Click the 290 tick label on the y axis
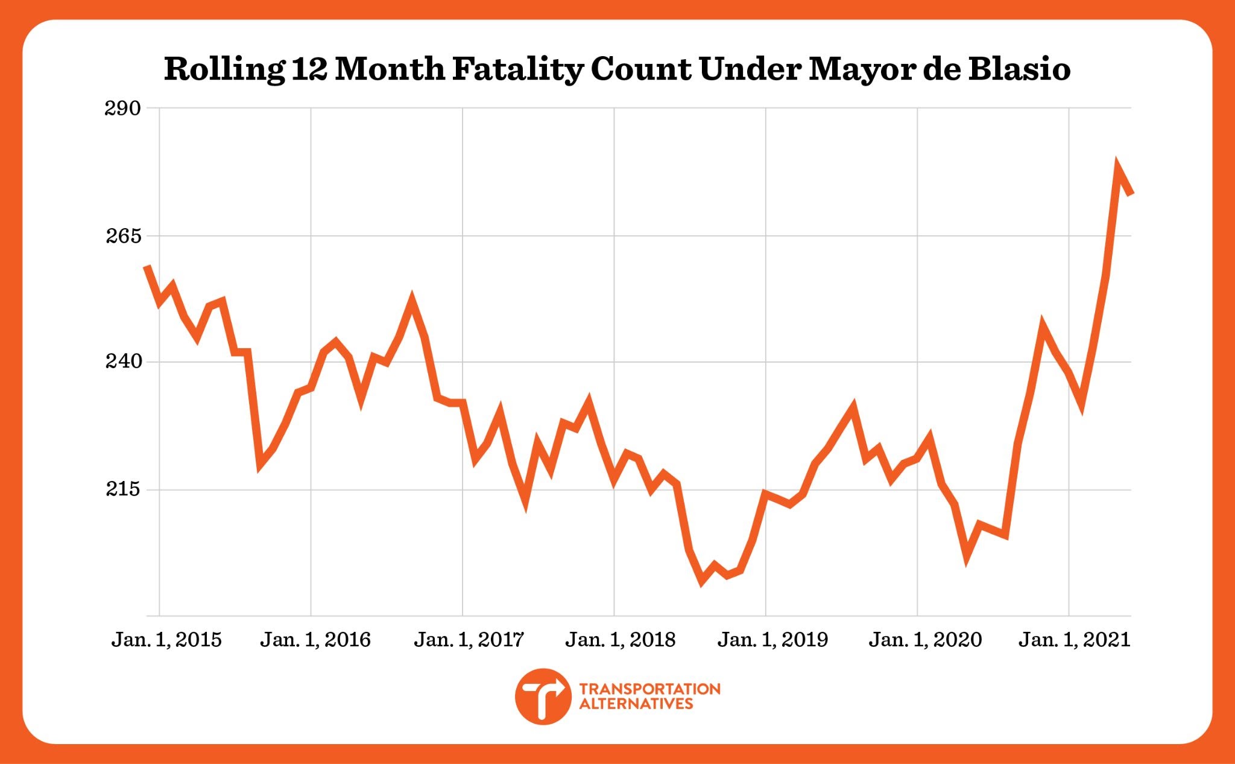tap(122, 109)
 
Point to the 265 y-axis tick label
tap(123, 235)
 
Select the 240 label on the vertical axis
tap(123, 361)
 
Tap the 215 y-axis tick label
tap(123, 489)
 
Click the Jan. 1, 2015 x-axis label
tap(166, 640)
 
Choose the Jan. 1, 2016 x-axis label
tap(315, 640)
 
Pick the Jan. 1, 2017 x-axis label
tap(469, 640)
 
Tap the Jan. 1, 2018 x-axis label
tap(621, 640)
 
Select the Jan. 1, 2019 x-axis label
tap(772, 640)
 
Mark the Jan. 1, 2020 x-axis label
tap(925, 640)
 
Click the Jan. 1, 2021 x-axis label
tap(1075, 640)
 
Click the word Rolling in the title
tap(224, 69)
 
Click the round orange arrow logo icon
tap(543, 696)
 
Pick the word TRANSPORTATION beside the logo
tap(649, 689)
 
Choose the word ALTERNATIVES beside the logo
tap(636, 704)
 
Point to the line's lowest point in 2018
tap(702, 581)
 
